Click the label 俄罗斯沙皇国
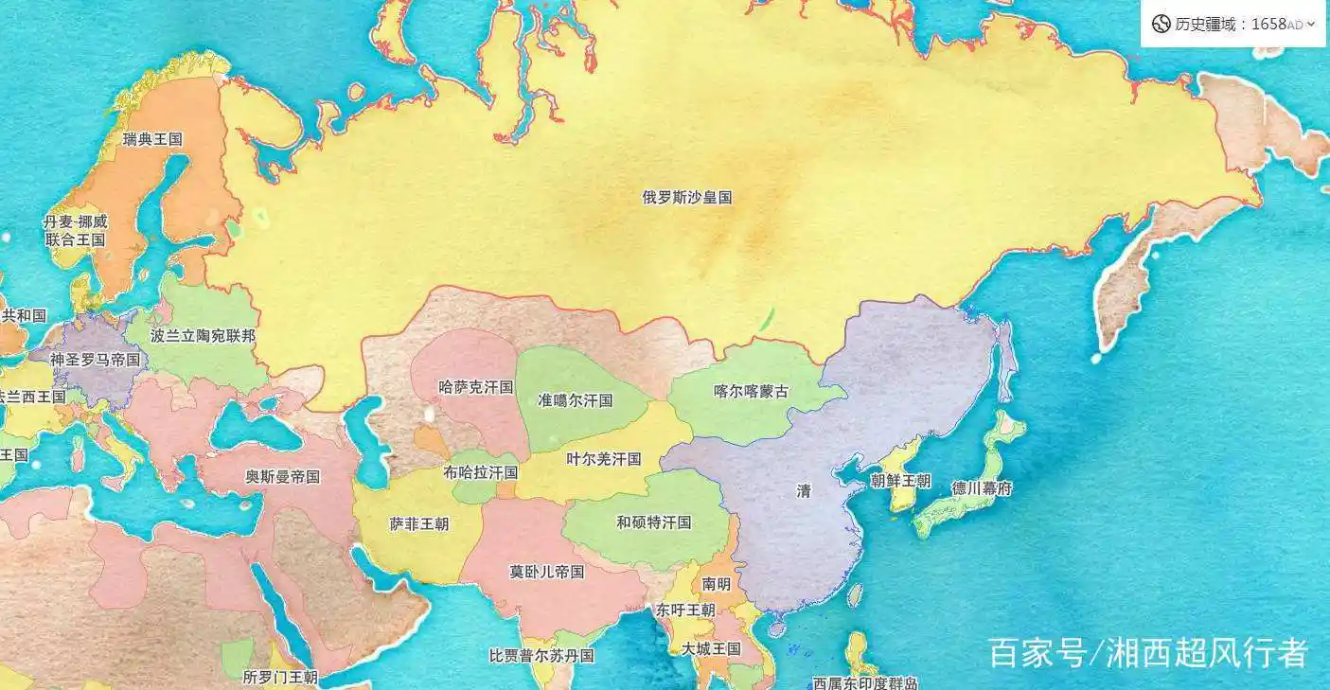687,198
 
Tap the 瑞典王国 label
152,139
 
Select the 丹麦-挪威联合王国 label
76,231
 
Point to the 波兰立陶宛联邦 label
203,335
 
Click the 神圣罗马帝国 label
95,360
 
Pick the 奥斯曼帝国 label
282,477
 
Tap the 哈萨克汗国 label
476,387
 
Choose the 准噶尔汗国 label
576,400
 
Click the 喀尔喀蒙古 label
751,391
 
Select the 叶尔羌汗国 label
603,459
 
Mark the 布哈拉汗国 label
480,471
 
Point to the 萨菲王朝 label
419,523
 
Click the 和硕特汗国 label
653,522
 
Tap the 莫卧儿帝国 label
546,572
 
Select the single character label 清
804,490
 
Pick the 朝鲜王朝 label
900,481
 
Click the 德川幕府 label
982,488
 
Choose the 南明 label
717,584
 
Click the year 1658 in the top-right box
1268,25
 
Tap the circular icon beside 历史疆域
1161,25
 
